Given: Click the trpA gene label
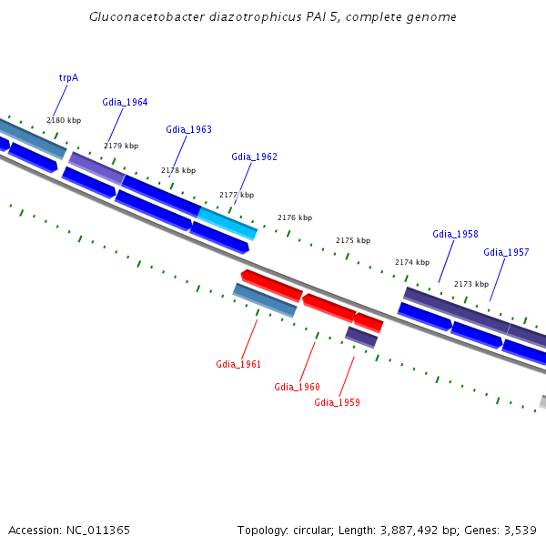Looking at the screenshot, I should tap(68, 77).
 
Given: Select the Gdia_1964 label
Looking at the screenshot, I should tap(125, 102).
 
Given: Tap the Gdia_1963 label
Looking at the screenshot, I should tap(188, 129).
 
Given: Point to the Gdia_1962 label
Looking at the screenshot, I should tap(254, 157).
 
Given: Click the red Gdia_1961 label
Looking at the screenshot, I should tap(238, 364).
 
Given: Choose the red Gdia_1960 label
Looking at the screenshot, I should tap(297, 387).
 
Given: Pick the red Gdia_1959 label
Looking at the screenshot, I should tap(337, 401).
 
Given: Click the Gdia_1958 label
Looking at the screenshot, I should tap(455, 234).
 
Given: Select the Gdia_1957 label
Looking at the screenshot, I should tap(506, 252).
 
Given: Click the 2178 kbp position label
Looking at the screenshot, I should tap(178, 170).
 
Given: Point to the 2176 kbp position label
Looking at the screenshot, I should tap(295, 217).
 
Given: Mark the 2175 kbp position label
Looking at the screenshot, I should tap(353, 240).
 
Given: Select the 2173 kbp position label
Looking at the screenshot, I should tap(471, 284).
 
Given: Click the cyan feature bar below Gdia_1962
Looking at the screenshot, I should tap(227, 221).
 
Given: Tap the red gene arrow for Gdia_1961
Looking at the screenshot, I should tap(271, 285).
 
